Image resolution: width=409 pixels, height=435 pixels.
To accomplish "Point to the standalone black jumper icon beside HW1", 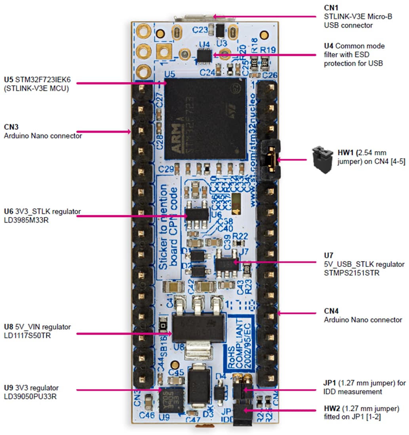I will click(321, 160).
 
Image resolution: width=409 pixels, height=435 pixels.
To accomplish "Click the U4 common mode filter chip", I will click(204, 56).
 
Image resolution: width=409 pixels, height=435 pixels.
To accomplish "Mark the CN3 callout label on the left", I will click(12, 127).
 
